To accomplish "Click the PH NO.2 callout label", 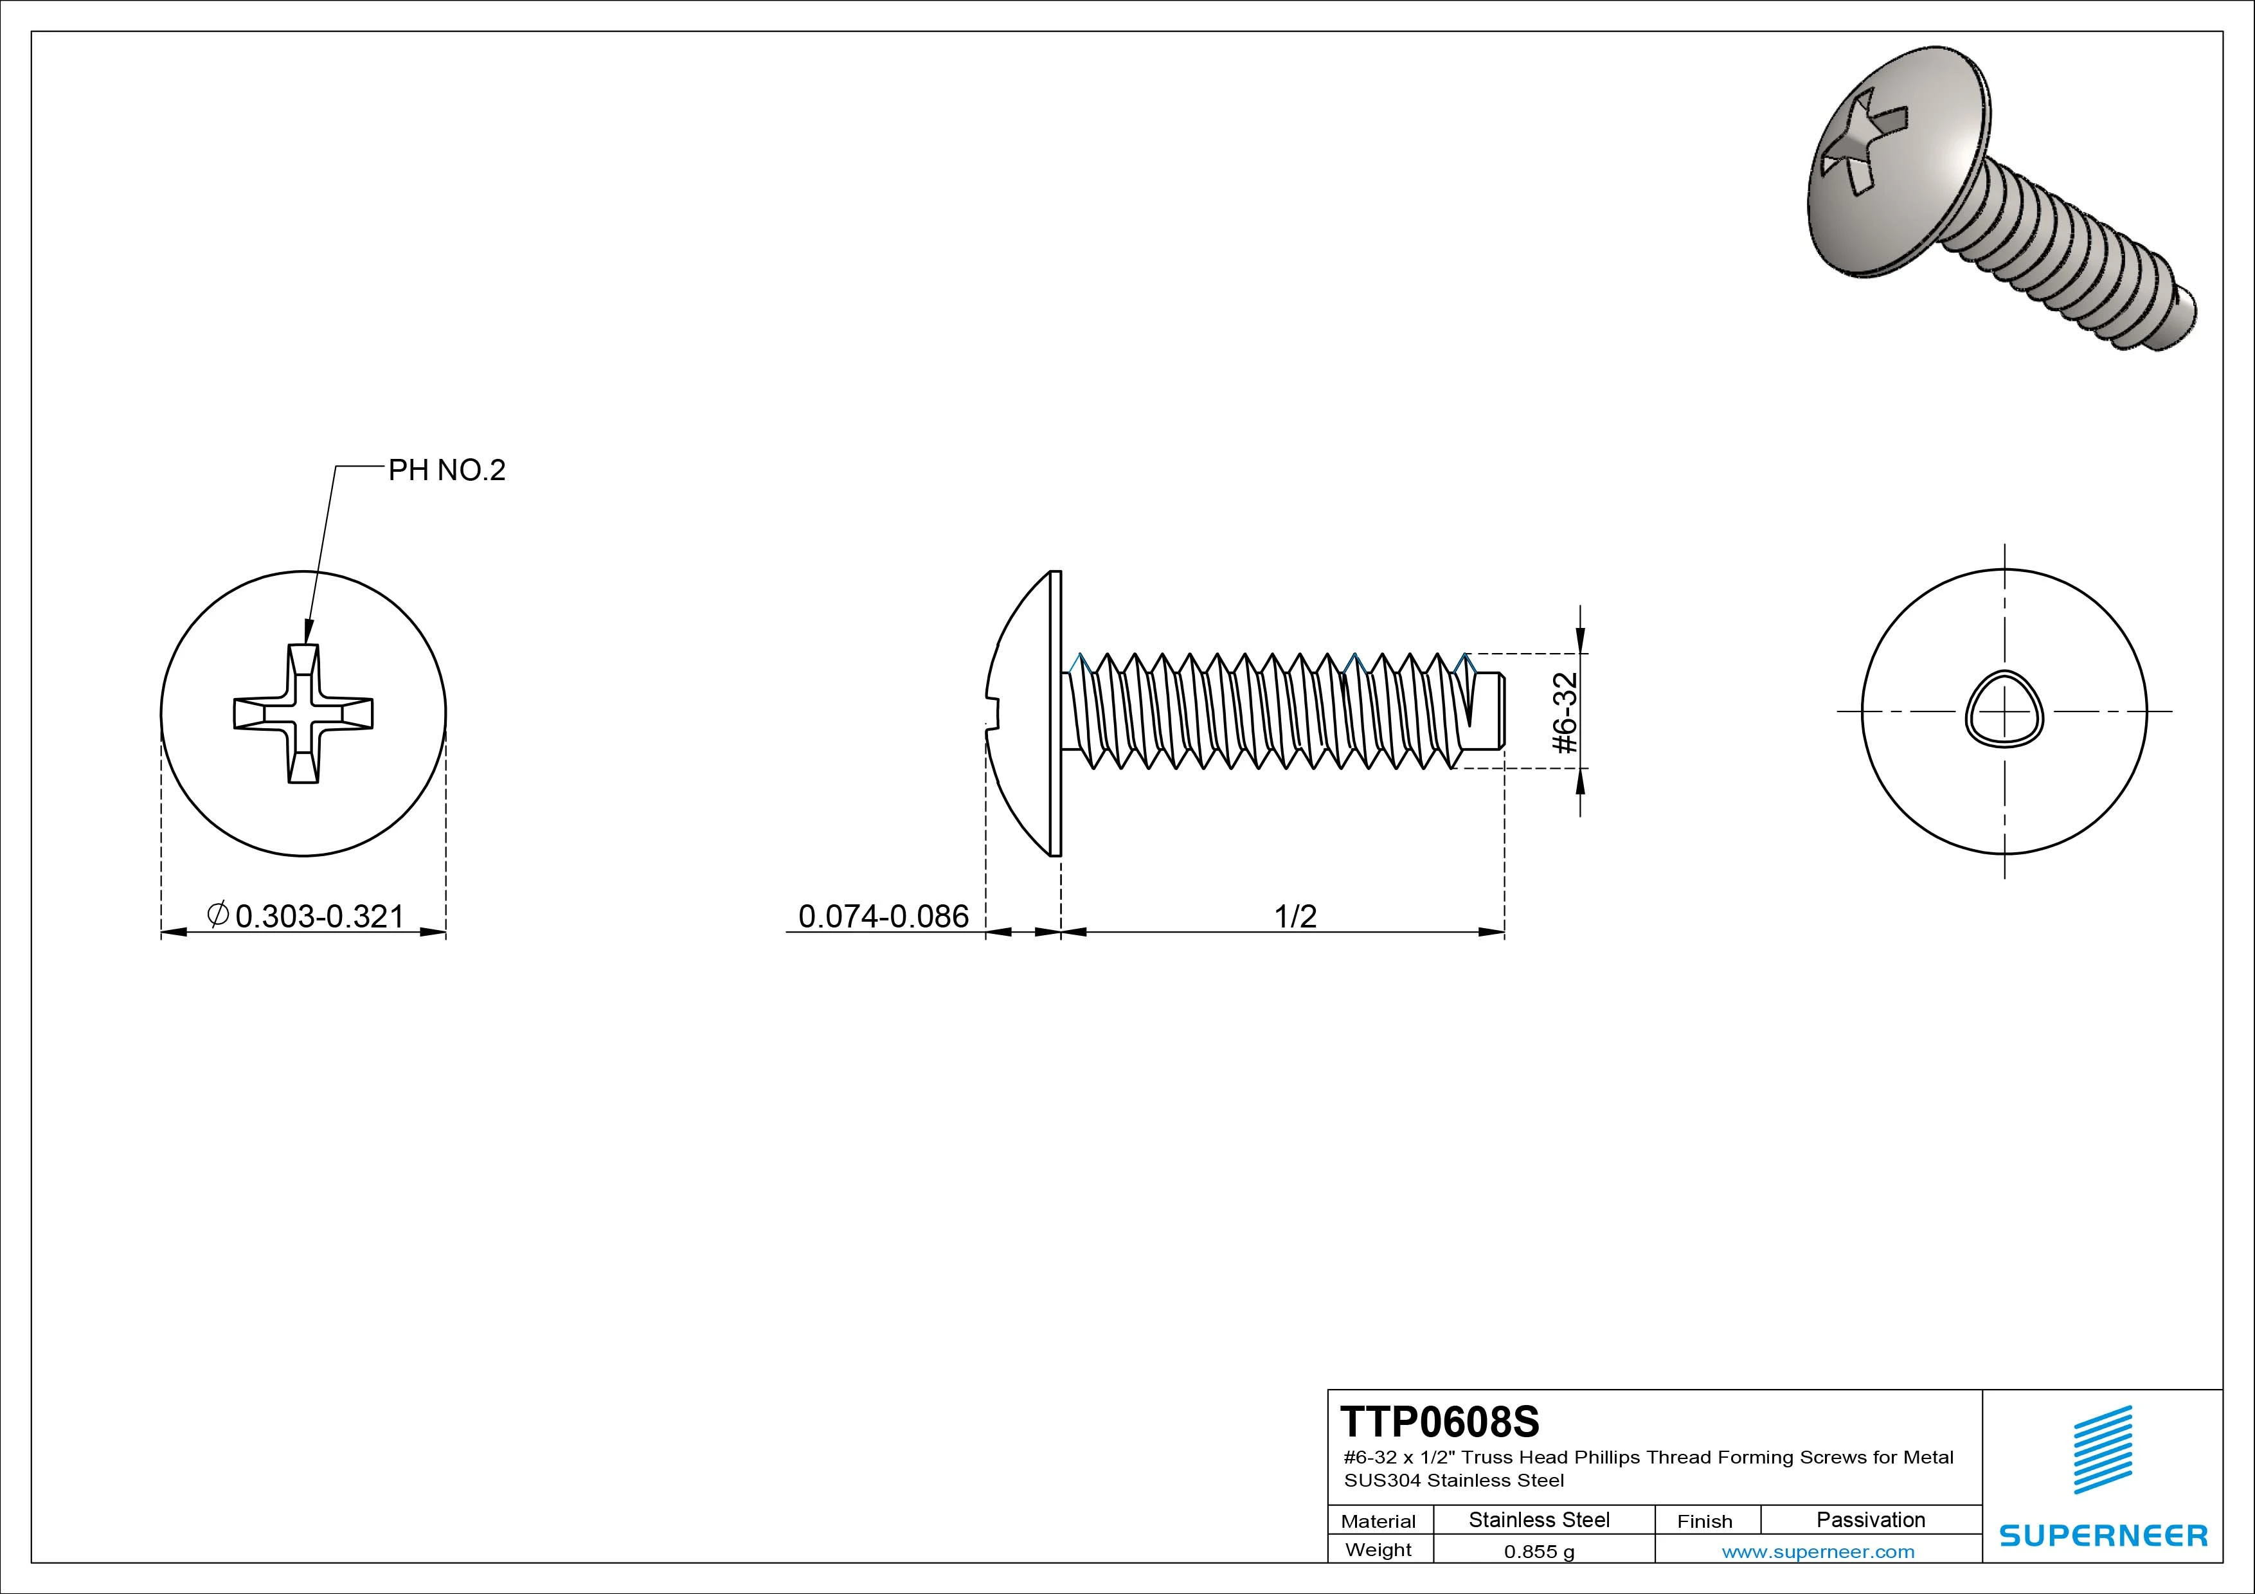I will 447,470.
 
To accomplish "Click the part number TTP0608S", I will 1440,1421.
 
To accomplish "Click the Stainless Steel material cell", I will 1538,1519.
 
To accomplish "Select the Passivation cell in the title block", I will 1870,1519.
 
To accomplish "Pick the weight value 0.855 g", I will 1538,1552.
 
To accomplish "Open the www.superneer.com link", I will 1818,1552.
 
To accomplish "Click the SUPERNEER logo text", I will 2103,1535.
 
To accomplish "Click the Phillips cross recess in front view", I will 303,713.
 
